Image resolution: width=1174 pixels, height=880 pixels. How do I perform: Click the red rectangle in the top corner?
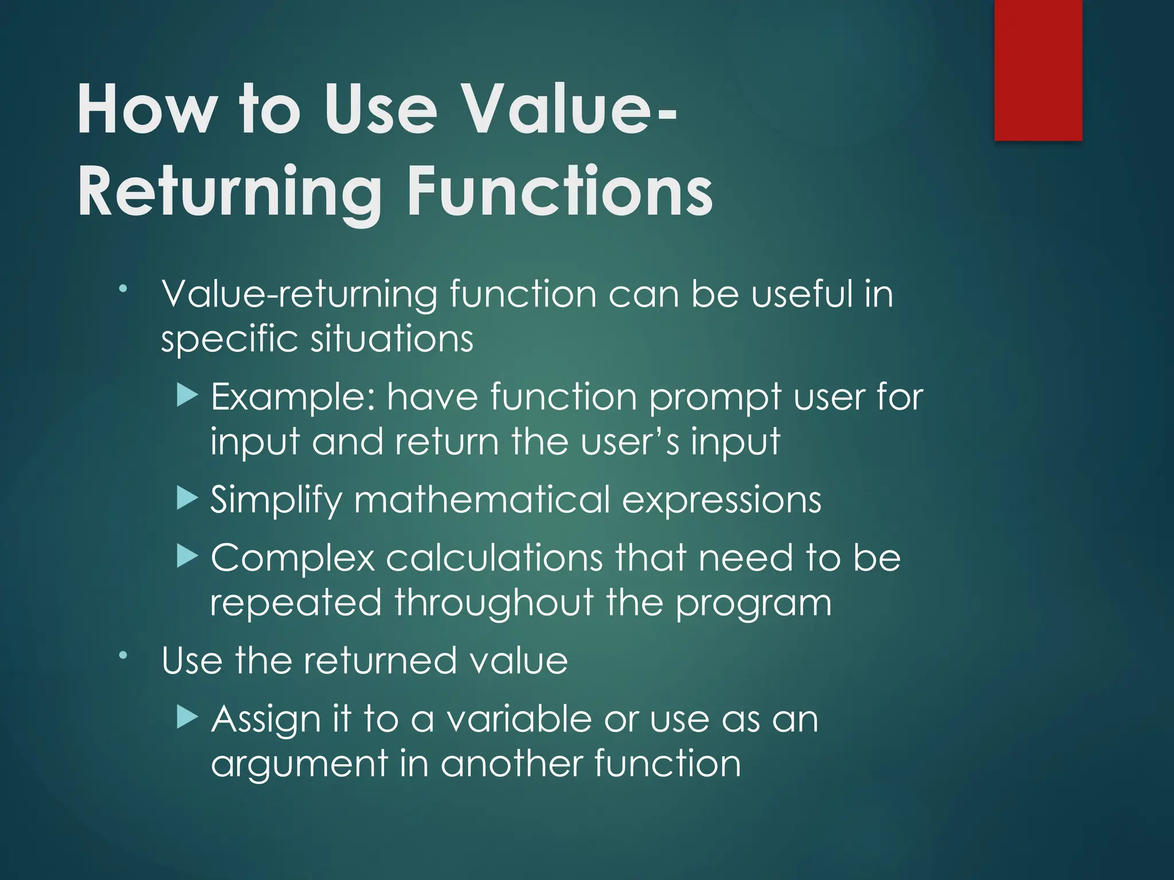pyautogui.click(x=1038, y=70)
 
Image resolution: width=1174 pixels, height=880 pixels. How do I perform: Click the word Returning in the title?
pyautogui.click(x=229, y=192)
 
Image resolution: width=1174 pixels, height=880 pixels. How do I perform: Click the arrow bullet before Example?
pyautogui.click(x=187, y=396)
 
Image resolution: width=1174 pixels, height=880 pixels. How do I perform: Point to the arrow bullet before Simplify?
pyautogui.click(x=187, y=498)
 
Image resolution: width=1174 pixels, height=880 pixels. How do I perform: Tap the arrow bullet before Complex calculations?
pyautogui.click(x=187, y=556)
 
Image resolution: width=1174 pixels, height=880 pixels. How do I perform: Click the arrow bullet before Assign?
pyautogui.click(x=187, y=717)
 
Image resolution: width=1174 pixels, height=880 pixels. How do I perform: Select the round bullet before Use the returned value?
pyautogui.click(x=123, y=654)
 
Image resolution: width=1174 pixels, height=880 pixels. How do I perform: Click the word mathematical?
pyautogui.click(x=482, y=500)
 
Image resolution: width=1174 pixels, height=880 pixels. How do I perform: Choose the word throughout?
pyautogui.click(x=494, y=603)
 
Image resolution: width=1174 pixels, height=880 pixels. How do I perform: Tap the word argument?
pyautogui.click(x=299, y=765)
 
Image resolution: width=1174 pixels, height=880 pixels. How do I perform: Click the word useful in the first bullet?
pyautogui.click(x=802, y=294)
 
